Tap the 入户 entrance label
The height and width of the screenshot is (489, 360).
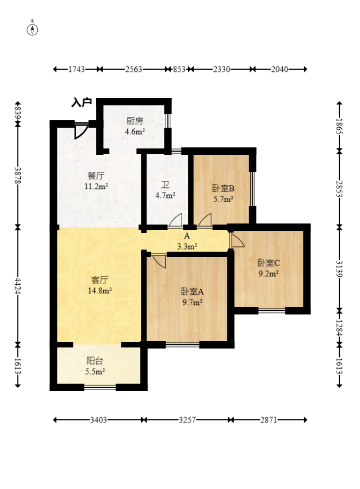(82, 102)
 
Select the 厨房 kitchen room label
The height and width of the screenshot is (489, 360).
(135, 121)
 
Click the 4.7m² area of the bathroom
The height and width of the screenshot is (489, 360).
(165, 196)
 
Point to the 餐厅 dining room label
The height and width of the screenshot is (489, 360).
(96, 176)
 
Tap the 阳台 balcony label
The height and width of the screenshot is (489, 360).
(95, 361)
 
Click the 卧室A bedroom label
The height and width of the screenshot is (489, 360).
(192, 292)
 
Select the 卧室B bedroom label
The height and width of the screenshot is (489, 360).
(223, 188)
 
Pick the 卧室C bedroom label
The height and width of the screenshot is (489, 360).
(268, 263)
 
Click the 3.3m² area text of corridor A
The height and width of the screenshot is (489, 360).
(187, 247)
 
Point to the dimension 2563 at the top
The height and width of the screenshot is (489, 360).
(134, 69)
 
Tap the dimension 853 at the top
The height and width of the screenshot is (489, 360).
(179, 69)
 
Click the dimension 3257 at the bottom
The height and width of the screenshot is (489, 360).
(187, 420)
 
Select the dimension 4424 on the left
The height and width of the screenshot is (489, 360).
(18, 286)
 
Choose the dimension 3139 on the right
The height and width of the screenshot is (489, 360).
(339, 269)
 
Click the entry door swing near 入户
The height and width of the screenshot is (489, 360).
(80, 131)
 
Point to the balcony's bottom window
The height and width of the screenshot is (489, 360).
(100, 387)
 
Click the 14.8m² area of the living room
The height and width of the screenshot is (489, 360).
(100, 291)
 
